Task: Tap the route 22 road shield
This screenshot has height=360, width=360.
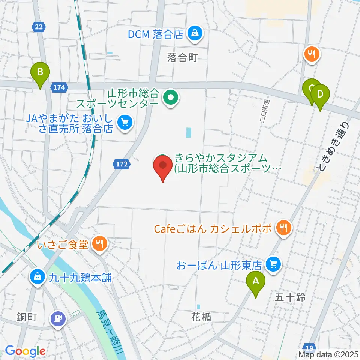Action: coord(37,26)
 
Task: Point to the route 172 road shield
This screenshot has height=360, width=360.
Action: coord(121,163)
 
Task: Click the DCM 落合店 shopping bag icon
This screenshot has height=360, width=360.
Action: coord(195,34)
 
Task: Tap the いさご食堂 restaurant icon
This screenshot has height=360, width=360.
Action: coord(100,245)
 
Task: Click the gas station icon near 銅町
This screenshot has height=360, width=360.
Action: coord(58,319)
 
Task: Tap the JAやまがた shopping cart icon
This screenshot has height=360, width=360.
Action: coord(124,122)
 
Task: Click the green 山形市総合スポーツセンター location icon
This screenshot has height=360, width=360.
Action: coord(171,98)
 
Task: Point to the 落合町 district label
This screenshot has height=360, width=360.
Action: coord(182,57)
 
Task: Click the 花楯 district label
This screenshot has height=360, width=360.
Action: coord(201,317)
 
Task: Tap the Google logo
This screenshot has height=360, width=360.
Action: coord(25,351)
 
